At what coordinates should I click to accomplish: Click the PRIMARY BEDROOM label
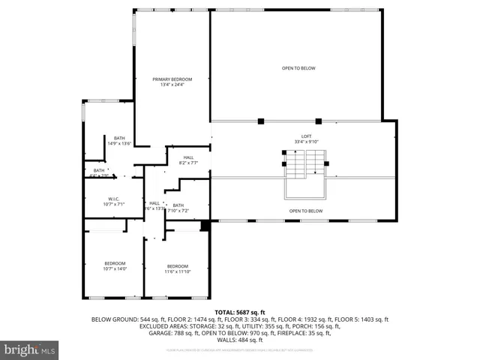click(172, 79)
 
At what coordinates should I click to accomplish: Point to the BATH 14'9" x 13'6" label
click(119, 138)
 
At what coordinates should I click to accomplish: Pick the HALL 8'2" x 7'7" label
click(188, 157)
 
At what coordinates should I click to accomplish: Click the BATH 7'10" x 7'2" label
click(178, 205)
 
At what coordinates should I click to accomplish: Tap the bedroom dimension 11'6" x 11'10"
click(178, 271)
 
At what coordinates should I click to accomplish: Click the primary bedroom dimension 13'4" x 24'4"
click(172, 85)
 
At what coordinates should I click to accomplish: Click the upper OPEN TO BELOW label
click(298, 68)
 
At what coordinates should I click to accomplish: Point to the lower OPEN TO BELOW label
click(306, 211)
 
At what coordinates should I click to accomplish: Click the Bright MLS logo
click(30, 349)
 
